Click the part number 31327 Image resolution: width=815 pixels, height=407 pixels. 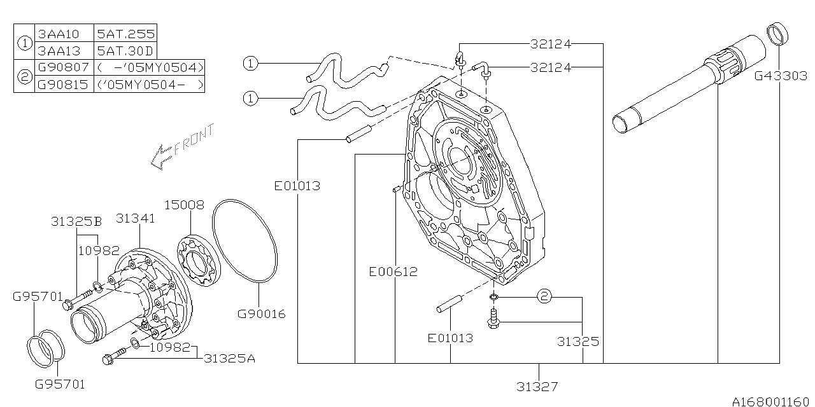[x=538, y=385]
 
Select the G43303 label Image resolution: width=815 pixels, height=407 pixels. [x=780, y=76]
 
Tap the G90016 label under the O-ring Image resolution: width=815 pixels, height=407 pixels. [x=261, y=314]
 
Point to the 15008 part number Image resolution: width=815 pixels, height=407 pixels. [x=184, y=205]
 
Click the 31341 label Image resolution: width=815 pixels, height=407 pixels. [x=136, y=218]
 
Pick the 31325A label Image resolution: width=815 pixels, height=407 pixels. [x=229, y=359]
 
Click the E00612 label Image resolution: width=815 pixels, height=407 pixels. [x=393, y=272]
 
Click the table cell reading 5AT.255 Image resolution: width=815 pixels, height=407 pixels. [x=125, y=34]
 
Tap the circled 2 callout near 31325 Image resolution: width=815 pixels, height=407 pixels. [x=544, y=296]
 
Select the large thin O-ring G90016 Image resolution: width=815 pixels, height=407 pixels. [x=244, y=242]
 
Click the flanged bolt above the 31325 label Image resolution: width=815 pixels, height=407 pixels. [x=493, y=319]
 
